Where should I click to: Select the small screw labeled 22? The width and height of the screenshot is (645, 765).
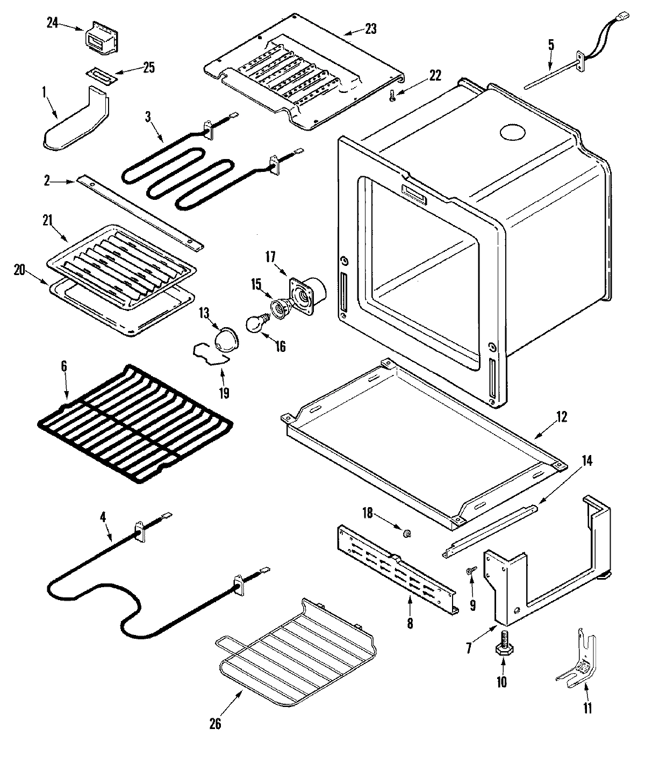click(391, 96)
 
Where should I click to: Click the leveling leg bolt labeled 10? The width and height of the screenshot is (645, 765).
click(503, 642)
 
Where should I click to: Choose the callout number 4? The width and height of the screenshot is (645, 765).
click(103, 518)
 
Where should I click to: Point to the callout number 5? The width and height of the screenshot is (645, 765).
click(551, 45)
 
